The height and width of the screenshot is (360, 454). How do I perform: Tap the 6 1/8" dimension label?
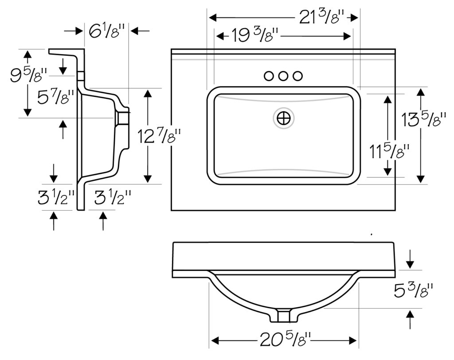pyautogui.click(x=106, y=31)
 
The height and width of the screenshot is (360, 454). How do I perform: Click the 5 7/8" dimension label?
pyautogui.click(x=56, y=97)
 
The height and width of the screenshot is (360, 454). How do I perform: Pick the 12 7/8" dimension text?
pyautogui.click(x=159, y=136)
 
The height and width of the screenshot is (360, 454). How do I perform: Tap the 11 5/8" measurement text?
pyautogui.click(x=389, y=151)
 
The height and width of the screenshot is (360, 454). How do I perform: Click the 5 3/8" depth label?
pyautogui.click(x=414, y=290)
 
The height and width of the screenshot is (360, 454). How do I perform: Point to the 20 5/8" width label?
pyautogui.click(x=285, y=340)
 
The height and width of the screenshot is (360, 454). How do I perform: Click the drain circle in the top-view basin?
pyautogui.click(x=283, y=118)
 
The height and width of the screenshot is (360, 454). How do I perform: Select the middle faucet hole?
pyautogui.click(x=283, y=76)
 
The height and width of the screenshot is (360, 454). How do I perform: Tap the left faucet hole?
pyautogui.click(x=269, y=76)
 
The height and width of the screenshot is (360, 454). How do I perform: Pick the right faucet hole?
pyautogui.click(x=297, y=76)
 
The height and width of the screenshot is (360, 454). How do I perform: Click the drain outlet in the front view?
pyautogui.click(x=284, y=315)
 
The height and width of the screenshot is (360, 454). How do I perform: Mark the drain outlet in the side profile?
pyautogui.click(x=123, y=118)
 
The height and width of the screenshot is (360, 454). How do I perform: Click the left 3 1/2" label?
pyautogui.click(x=56, y=198)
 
